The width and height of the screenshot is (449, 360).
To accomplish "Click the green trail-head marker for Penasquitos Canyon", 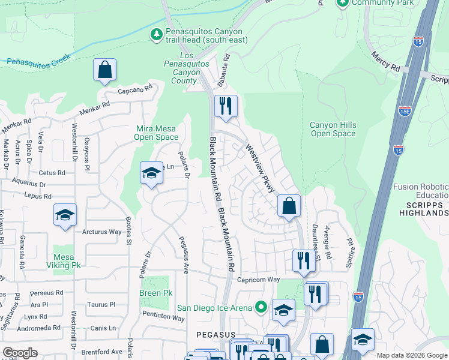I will [x=157, y=35].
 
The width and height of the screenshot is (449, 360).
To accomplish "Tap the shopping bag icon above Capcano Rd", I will [x=104, y=69].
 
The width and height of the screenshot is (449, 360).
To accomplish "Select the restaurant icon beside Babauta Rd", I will [x=226, y=106].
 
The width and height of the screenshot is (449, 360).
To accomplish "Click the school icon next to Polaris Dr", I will [x=151, y=174].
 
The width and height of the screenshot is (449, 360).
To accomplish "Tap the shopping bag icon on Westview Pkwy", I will [x=289, y=206].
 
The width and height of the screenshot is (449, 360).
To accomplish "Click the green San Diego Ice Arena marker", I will [x=260, y=308].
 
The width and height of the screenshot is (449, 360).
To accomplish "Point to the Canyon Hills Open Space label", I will [x=333, y=129].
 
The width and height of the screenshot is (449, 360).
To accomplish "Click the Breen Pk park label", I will [x=159, y=293].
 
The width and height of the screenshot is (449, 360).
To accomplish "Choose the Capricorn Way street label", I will [x=258, y=280].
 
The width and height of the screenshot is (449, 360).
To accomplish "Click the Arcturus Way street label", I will [x=101, y=232].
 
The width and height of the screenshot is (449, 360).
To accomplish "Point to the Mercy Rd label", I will [x=385, y=61].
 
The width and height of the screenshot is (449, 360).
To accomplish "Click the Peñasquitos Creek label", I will [x=38, y=59].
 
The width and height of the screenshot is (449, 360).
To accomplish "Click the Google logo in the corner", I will [x=20, y=353].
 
